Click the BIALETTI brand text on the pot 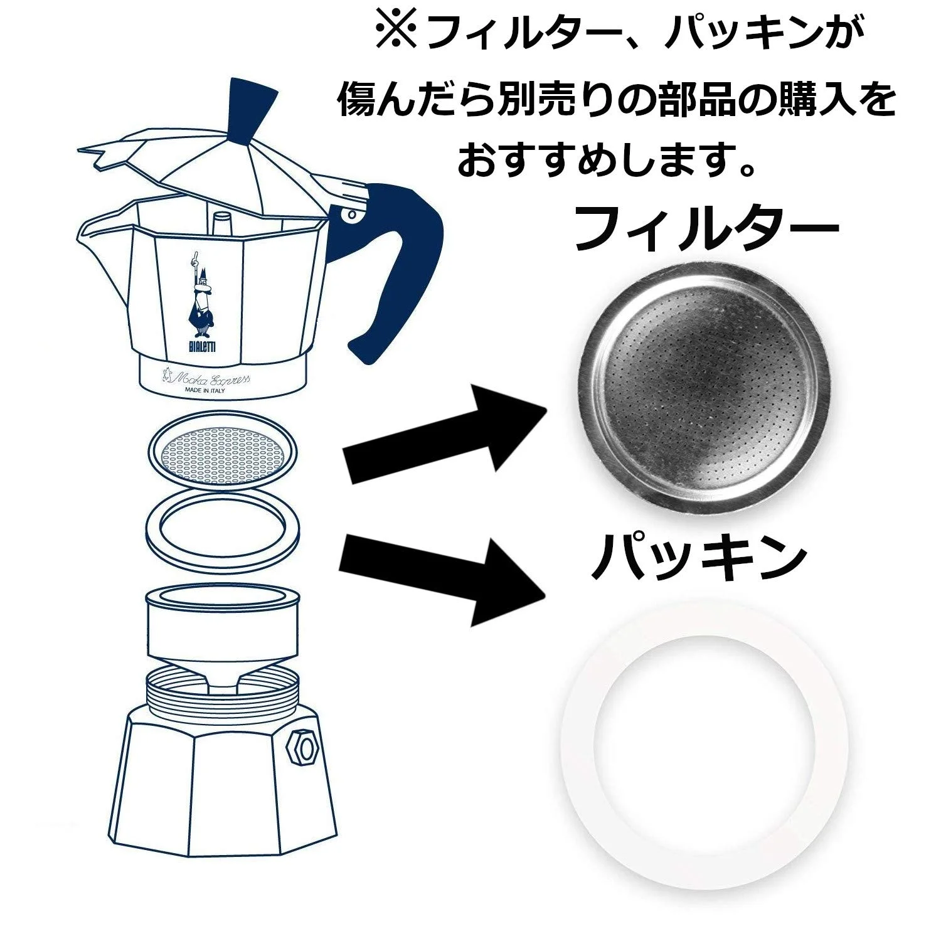[x=201, y=347]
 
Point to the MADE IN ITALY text [x=205, y=390]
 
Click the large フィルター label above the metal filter [x=706, y=229]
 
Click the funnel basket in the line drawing [x=222, y=634]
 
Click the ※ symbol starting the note [x=396, y=29]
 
